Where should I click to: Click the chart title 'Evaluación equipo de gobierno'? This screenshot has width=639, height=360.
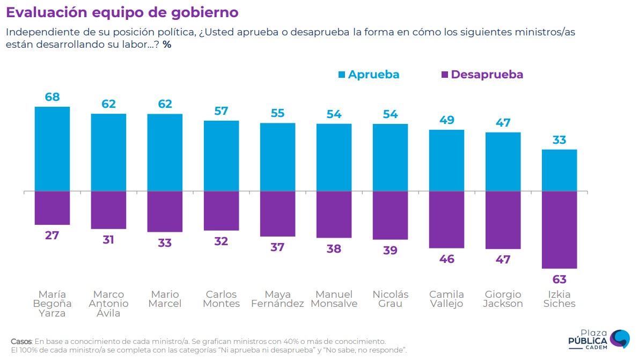tap(122, 12)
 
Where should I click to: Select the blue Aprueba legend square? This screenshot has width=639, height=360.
tap(341, 75)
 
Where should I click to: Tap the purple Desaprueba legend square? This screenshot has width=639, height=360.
tap(444, 75)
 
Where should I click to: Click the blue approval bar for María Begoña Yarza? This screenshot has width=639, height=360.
tap(52, 149)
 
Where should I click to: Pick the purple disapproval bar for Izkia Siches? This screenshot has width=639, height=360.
tap(560, 230)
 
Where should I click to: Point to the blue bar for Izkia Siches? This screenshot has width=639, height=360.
tap(560, 170)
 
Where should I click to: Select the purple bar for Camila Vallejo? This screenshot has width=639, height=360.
tap(446, 219)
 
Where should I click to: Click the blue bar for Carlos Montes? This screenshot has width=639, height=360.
tap(221, 156)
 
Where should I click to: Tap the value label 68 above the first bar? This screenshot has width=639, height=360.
tap(53, 97)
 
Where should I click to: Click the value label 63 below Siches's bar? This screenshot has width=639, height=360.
tap(560, 280)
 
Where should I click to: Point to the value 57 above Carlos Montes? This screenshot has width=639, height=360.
tap(221, 111)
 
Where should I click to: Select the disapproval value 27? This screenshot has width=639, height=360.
tap(53, 236)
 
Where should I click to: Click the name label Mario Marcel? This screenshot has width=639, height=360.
tap(165, 299)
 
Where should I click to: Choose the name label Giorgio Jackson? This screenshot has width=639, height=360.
tap(503, 299)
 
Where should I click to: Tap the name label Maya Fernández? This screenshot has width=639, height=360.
tap(277, 299)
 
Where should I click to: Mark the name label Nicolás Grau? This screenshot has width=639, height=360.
tap(390, 299)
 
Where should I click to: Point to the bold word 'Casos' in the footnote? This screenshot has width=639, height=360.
tap(21, 341)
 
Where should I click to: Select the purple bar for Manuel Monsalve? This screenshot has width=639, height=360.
tap(334, 215)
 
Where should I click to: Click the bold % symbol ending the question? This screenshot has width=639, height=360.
tap(167, 45)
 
